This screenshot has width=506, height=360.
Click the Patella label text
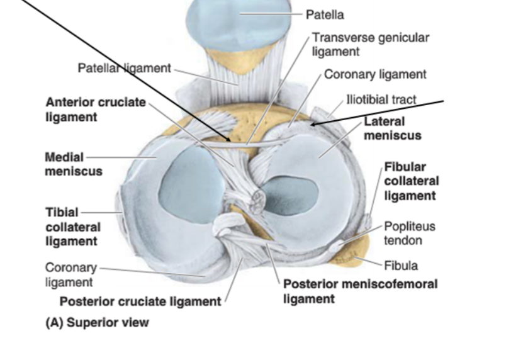click(x=325, y=14)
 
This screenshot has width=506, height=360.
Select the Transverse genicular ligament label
click(x=370, y=44)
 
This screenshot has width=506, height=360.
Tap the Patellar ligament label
click(x=124, y=67)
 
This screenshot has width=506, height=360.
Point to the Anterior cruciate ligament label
click(x=95, y=110)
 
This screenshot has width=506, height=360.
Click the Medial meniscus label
click(x=73, y=164)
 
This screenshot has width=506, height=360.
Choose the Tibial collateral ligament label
click(x=71, y=227)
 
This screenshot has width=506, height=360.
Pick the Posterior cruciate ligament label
click(x=140, y=301)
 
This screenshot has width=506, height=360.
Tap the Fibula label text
click(x=401, y=266)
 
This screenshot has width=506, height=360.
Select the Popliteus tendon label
click(x=410, y=233)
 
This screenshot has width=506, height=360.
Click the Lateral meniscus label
click(x=392, y=128)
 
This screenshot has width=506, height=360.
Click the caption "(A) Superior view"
click(x=98, y=323)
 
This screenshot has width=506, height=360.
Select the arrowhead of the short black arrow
click(x=311, y=125)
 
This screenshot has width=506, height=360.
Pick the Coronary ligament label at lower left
click(x=71, y=275)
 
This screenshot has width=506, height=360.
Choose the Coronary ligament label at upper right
click(x=375, y=74)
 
